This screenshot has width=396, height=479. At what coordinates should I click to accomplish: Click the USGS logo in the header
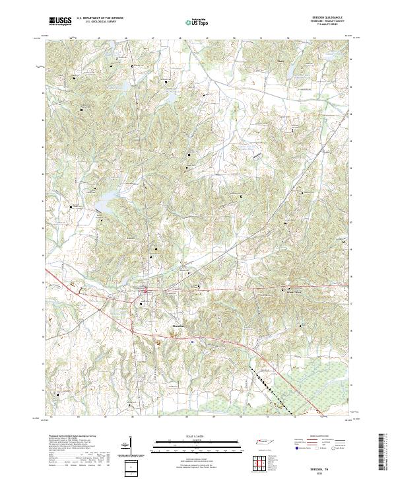coord(60,21)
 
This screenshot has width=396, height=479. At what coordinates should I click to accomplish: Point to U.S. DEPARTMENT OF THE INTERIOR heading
coord(100,18)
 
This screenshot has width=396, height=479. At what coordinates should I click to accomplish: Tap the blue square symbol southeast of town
coord(192,342)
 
